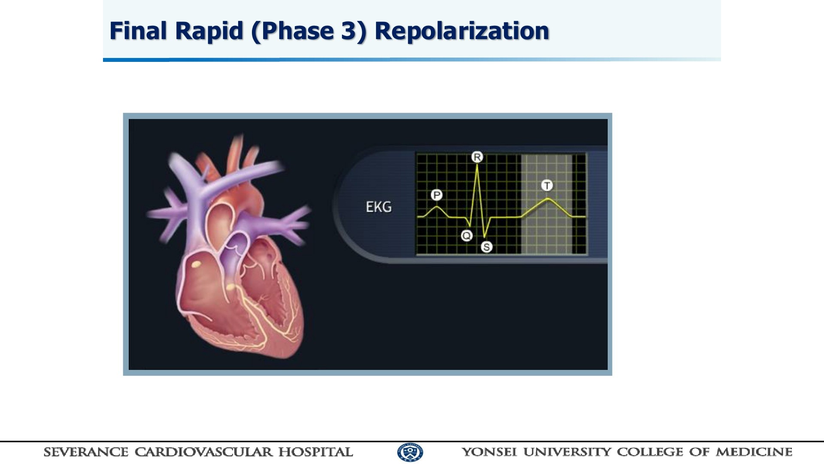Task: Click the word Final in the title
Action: [138, 31]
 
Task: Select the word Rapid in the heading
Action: [209, 31]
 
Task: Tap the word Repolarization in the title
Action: [462, 31]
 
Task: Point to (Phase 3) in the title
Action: [309, 31]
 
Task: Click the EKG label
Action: [379, 207]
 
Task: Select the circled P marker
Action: [436, 195]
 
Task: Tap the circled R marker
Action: [477, 157]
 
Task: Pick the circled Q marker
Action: [467, 235]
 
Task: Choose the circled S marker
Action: [486, 247]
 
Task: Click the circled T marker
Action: [547, 185]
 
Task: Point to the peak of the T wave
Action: [548, 198]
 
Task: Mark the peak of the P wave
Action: [436, 207]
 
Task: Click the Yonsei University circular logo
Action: [410, 452]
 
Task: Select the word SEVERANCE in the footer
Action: [86, 452]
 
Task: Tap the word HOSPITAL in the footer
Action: [315, 452]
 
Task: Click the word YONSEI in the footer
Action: [489, 452]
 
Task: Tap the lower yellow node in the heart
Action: [231, 287]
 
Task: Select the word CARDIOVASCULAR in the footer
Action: [203, 452]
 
